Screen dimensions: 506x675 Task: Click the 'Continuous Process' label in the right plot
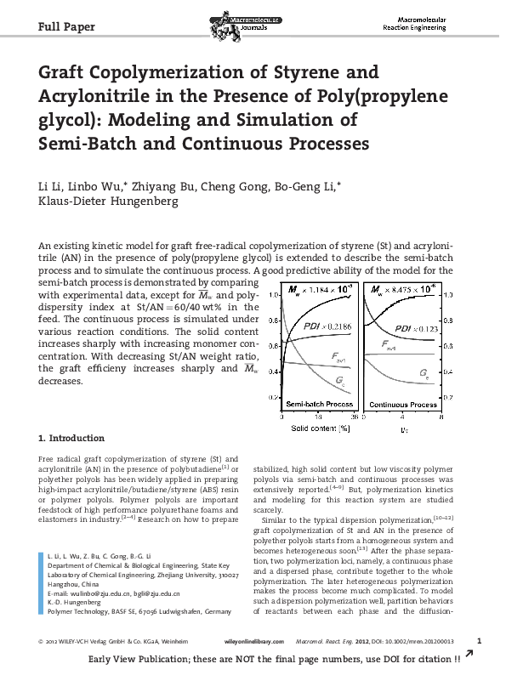click(404, 405)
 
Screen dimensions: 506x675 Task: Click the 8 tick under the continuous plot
click(441, 417)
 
